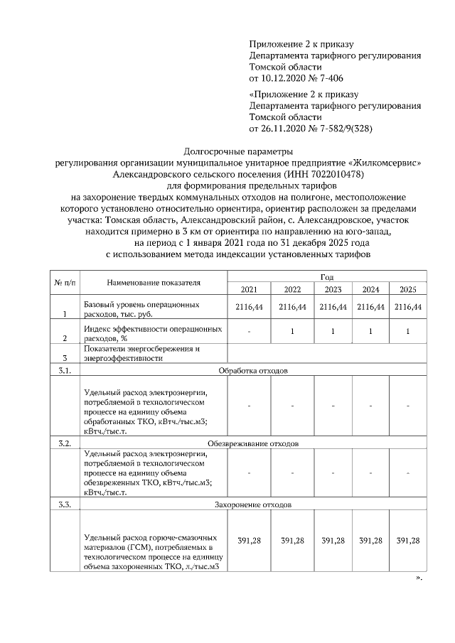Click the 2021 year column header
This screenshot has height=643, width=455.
click(249, 289)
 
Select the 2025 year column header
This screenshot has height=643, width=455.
click(408, 289)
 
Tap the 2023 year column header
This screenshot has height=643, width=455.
click(333, 289)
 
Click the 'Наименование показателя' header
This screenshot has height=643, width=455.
click(154, 283)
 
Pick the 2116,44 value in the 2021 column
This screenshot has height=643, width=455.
click(250, 307)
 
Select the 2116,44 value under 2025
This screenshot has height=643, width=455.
click(408, 307)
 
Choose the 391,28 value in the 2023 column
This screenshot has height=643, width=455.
click(333, 541)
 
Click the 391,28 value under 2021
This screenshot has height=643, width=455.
click(250, 541)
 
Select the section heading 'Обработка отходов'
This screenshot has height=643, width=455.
click(252, 371)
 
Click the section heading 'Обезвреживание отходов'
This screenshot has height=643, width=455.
click(252, 443)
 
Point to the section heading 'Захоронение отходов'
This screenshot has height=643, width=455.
click(252, 504)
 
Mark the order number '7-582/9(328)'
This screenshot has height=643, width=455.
click(343, 129)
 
